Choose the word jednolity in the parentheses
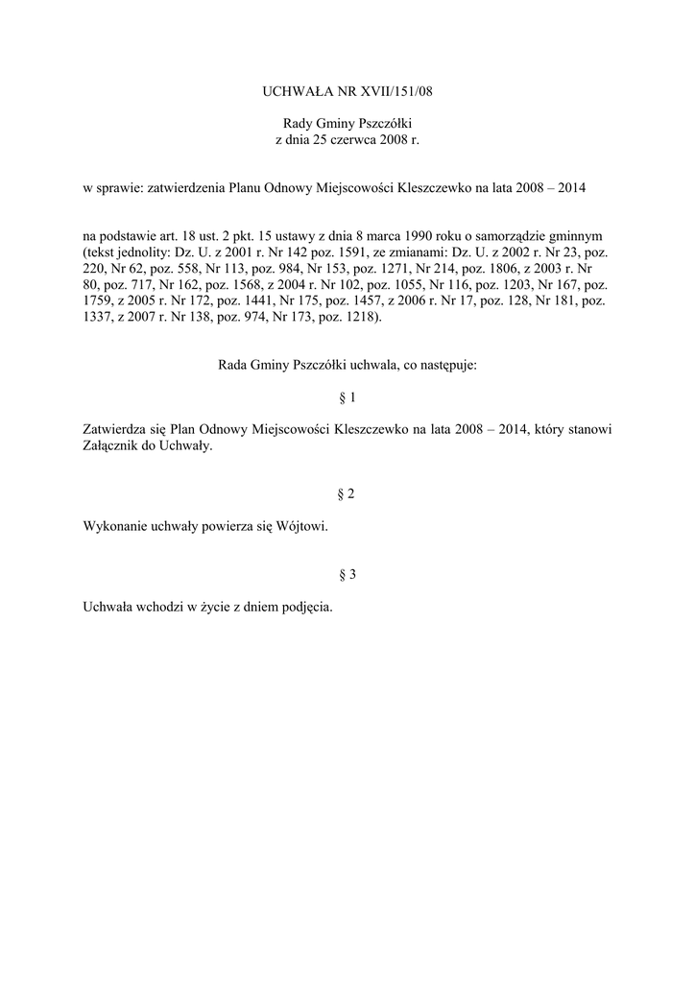point(141,252)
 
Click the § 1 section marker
point(347,397)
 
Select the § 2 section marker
point(347,493)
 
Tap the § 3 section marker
point(347,574)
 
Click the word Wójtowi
point(298,526)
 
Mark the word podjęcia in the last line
point(306,607)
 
